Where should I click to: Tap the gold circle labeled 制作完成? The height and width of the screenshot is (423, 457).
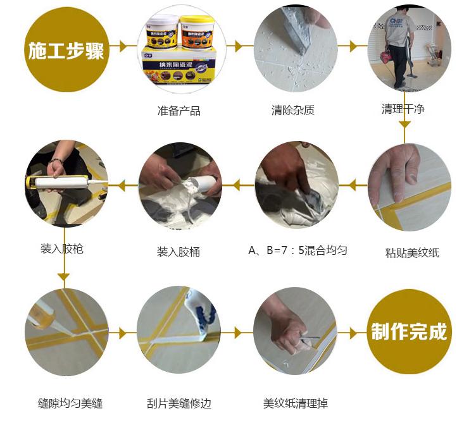408,331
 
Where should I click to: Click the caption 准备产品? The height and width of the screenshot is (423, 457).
178,111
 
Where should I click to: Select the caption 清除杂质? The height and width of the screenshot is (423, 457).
292,111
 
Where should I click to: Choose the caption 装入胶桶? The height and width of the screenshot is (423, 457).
178,252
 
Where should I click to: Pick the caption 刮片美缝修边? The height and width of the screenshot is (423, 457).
179,403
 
